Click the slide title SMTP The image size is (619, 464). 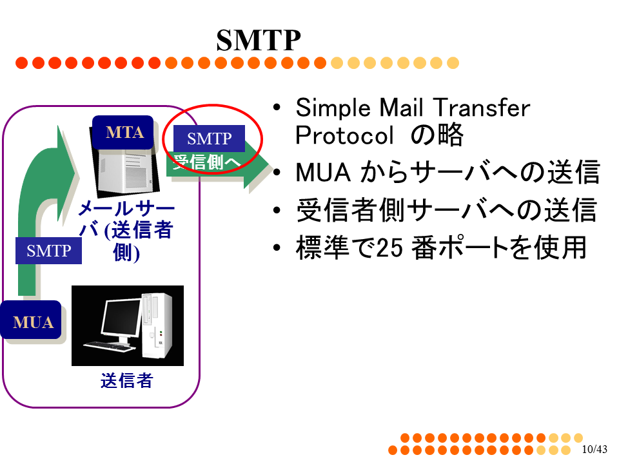point(259,40)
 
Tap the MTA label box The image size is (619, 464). point(123,132)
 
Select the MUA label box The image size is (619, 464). point(32,320)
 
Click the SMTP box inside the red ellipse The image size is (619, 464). point(209,139)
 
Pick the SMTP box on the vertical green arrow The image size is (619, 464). point(48,251)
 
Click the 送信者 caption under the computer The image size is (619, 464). point(126,381)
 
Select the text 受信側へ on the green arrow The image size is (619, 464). point(206,162)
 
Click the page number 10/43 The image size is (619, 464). point(594,449)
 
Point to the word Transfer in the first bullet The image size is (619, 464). point(481,108)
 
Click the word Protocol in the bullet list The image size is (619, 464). point(344,136)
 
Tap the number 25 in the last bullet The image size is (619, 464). point(389,248)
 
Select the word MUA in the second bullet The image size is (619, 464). point(323,173)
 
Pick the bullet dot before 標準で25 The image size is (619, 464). point(277,247)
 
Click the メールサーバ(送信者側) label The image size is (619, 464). point(126,230)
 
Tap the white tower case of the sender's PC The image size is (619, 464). point(157,325)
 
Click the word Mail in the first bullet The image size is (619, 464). point(401,108)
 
